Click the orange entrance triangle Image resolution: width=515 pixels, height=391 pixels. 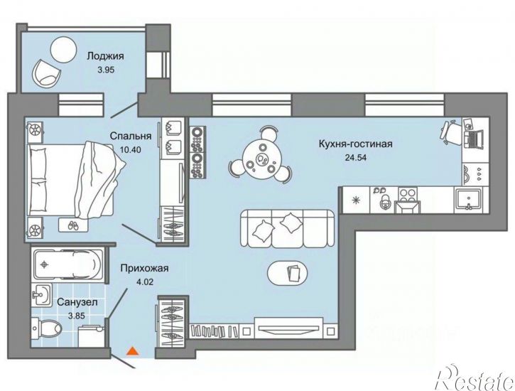pyautogui.click(x=133, y=351)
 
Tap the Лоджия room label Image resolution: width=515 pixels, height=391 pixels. pyautogui.click(x=105, y=56)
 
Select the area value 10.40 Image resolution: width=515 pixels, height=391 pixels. pyautogui.click(x=131, y=150)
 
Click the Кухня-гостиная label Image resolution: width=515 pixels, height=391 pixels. pyautogui.click(x=356, y=144)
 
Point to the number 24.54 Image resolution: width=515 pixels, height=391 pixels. pyautogui.click(x=356, y=157)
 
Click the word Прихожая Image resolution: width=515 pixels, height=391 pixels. pyautogui.click(x=144, y=268)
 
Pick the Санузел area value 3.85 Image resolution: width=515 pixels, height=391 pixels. pyautogui.click(x=76, y=316)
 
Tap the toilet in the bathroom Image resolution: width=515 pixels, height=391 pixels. pyautogui.click(x=46, y=328)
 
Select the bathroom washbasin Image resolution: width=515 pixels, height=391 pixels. pyautogui.click(x=41, y=296)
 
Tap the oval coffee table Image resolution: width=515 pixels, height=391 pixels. pyautogui.click(x=288, y=273)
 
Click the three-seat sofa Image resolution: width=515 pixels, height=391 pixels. pyautogui.click(x=287, y=228)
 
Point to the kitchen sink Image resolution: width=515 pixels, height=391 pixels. pyautogui.click(x=468, y=199)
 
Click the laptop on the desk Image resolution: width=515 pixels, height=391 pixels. pyautogui.click(x=474, y=139)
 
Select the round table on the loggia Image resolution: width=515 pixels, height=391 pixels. pyautogui.click(x=63, y=49)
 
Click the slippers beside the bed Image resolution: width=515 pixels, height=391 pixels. pyautogui.click(x=73, y=225)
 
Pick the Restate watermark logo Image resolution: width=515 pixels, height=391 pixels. pyautogui.click(x=475, y=378)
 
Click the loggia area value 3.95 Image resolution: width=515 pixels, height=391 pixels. pyautogui.click(x=106, y=70)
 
